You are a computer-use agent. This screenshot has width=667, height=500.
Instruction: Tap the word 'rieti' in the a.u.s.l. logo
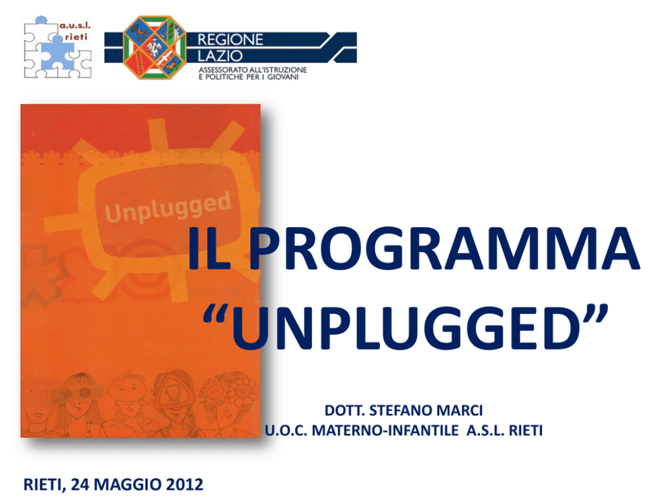(76, 37)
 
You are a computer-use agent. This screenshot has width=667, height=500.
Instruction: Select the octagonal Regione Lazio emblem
(155, 47)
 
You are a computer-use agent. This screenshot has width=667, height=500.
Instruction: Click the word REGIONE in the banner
(230, 40)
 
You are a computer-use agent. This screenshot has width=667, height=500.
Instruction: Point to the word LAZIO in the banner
(220, 56)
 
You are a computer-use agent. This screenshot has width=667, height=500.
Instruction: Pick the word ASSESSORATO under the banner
(223, 70)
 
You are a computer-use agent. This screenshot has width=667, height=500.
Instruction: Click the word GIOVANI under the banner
(283, 77)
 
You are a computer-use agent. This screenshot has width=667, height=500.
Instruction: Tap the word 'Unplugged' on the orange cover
(168, 207)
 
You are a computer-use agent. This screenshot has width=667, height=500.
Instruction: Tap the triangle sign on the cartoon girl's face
(174, 394)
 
